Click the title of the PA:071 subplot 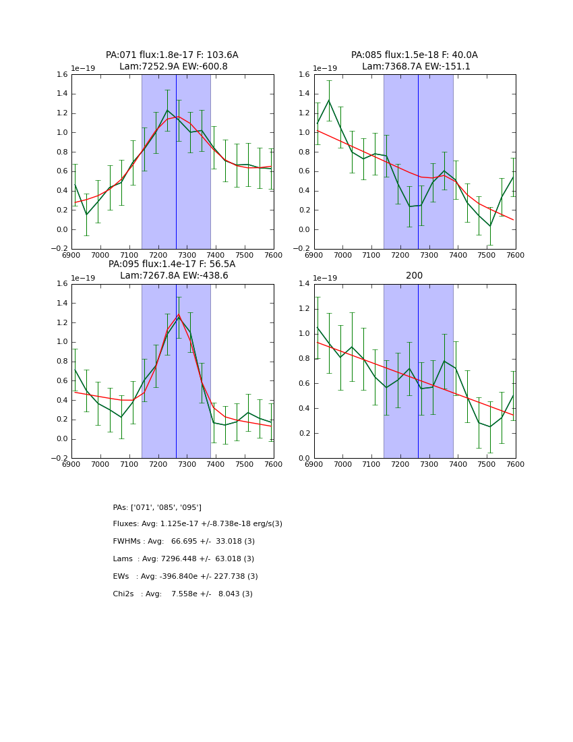click(x=172, y=61)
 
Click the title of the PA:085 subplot click(x=414, y=61)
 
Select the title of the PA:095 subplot click(x=172, y=270)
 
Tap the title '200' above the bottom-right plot click(x=414, y=275)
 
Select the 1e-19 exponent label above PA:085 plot click(x=325, y=68)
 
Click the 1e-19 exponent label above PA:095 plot click(x=83, y=278)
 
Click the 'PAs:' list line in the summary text click(x=157, y=507)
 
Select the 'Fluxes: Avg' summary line click(x=198, y=524)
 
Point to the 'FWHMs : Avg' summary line click(x=183, y=542)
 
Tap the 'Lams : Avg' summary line click(x=183, y=559)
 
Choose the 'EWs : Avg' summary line click(x=185, y=577)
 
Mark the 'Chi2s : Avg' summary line click(x=183, y=594)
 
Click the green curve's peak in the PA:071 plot click(x=167, y=110)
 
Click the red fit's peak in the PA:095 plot click(x=179, y=315)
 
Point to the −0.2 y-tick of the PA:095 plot click(x=60, y=459)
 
